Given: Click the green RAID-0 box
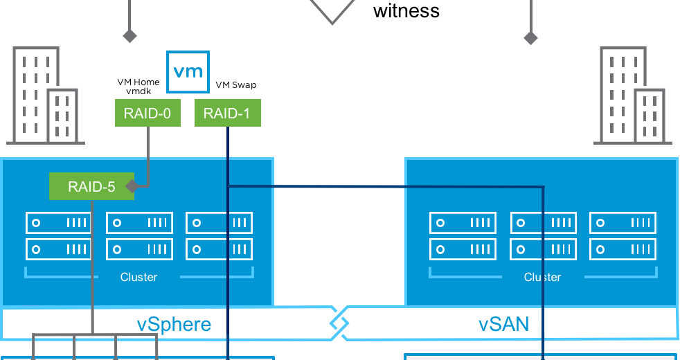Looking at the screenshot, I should point(147,114).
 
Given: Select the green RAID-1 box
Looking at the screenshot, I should point(227,114).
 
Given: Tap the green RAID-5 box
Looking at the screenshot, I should point(91,186).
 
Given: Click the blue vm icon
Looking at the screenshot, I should point(188,71).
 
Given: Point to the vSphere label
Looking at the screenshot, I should point(174,324).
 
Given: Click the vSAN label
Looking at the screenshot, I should point(503,323).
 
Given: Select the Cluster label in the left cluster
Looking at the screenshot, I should point(138,277).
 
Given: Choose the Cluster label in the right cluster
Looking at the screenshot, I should point(542,277).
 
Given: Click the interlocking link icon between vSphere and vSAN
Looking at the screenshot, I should point(338,323).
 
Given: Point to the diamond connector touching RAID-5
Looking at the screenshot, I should point(131,186).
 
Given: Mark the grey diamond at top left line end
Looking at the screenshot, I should point(129,35).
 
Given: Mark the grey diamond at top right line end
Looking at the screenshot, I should point(530,37).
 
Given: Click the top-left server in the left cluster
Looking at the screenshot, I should point(59,223).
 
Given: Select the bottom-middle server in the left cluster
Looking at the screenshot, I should point(139,249).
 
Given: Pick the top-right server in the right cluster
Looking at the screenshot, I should point(623,223).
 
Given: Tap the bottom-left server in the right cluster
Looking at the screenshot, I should point(463,249).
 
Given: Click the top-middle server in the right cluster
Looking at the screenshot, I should point(543,223).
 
